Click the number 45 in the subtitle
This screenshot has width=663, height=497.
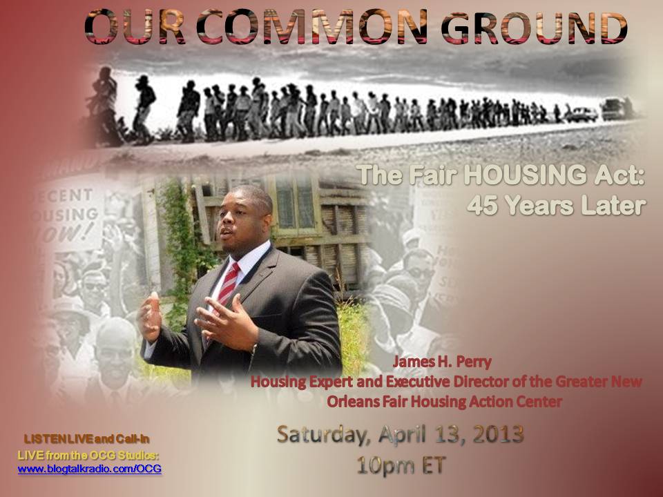(484, 206)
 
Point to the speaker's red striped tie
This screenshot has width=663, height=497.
(229, 283)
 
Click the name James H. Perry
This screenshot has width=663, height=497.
(442, 362)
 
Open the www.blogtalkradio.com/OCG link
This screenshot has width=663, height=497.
(90, 469)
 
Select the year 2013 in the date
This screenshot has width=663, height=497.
(498, 434)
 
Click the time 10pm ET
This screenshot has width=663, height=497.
(401, 465)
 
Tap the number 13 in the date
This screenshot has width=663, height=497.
(448, 434)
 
